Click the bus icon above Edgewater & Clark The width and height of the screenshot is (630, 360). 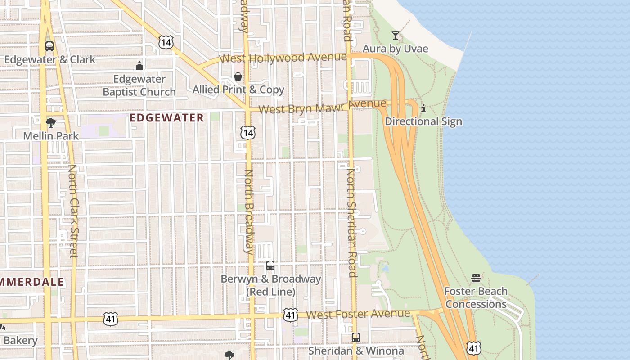click(x=49, y=46)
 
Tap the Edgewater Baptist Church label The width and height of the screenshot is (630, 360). click(x=139, y=85)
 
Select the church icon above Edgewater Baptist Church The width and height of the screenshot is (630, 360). click(x=139, y=66)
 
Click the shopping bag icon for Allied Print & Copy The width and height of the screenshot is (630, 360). click(x=238, y=76)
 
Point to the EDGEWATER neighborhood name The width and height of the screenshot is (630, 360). click(x=167, y=118)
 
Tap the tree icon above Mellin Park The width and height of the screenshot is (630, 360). click(x=51, y=122)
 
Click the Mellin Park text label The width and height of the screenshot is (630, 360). click(x=51, y=135)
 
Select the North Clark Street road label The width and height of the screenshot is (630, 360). click(x=73, y=211)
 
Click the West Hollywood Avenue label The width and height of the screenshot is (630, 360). click(x=283, y=58)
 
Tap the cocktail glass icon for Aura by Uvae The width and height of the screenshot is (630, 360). click(x=396, y=36)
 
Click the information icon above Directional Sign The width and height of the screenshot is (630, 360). click(x=423, y=108)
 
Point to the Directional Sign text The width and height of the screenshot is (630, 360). click(x=423, y=121)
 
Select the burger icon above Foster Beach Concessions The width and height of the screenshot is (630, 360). click(x=476, y=278)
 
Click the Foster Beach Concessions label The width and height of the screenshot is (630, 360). click(x=476, y=297)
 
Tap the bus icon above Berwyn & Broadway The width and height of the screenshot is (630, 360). click(x=270, y=265)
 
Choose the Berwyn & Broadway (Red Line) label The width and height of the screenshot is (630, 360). click(x=270, y=285)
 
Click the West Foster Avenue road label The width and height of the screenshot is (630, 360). click(x=358, y=314)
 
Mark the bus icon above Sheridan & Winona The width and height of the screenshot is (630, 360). click(x=356, y=337)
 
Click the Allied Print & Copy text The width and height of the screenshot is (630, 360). click(x=238, y=90)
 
